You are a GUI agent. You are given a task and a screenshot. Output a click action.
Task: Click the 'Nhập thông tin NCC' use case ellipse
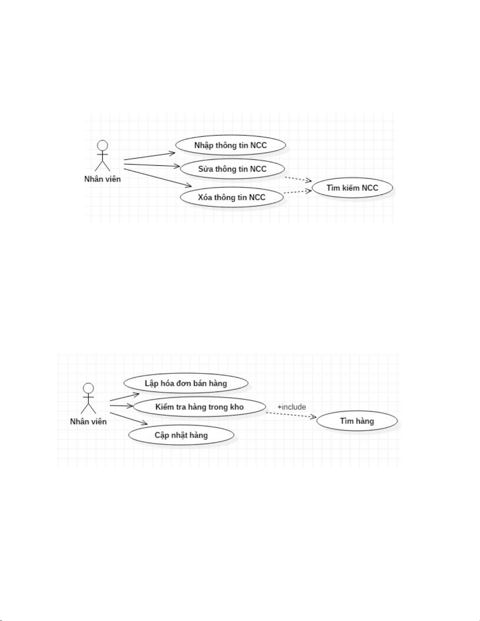(230, 145)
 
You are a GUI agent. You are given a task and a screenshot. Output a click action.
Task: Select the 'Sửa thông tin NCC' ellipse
(232, 169)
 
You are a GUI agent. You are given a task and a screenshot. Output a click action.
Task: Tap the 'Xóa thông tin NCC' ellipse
(232, 197)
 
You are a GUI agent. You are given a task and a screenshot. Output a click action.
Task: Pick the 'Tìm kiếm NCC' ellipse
(352, 188)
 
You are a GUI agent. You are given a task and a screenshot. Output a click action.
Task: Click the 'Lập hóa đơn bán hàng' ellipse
(186, 383)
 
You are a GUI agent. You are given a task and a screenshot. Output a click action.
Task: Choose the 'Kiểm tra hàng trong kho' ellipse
(199, 407)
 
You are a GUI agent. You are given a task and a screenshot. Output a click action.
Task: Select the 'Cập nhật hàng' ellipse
(181, 435)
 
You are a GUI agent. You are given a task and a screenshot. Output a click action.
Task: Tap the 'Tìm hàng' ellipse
(357, 421)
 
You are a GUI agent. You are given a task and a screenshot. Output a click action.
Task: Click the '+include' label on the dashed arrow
(292, 407)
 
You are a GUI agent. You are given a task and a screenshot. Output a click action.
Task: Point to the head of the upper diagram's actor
(103, 146)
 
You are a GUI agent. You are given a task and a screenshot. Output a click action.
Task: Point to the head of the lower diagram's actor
(89, 388)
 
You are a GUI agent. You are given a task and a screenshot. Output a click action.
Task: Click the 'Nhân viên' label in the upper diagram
(103, 179)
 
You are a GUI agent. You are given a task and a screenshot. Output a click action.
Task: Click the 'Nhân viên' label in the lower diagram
(88, 422)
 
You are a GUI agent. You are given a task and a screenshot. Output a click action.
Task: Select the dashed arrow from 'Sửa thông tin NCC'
(298, 179)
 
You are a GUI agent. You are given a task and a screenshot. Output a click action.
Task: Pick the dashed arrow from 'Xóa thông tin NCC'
(297, 192)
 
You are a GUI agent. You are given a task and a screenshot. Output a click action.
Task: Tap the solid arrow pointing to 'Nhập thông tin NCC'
(149, 156)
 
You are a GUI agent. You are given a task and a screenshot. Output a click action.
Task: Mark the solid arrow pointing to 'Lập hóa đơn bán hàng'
(125, 396)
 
